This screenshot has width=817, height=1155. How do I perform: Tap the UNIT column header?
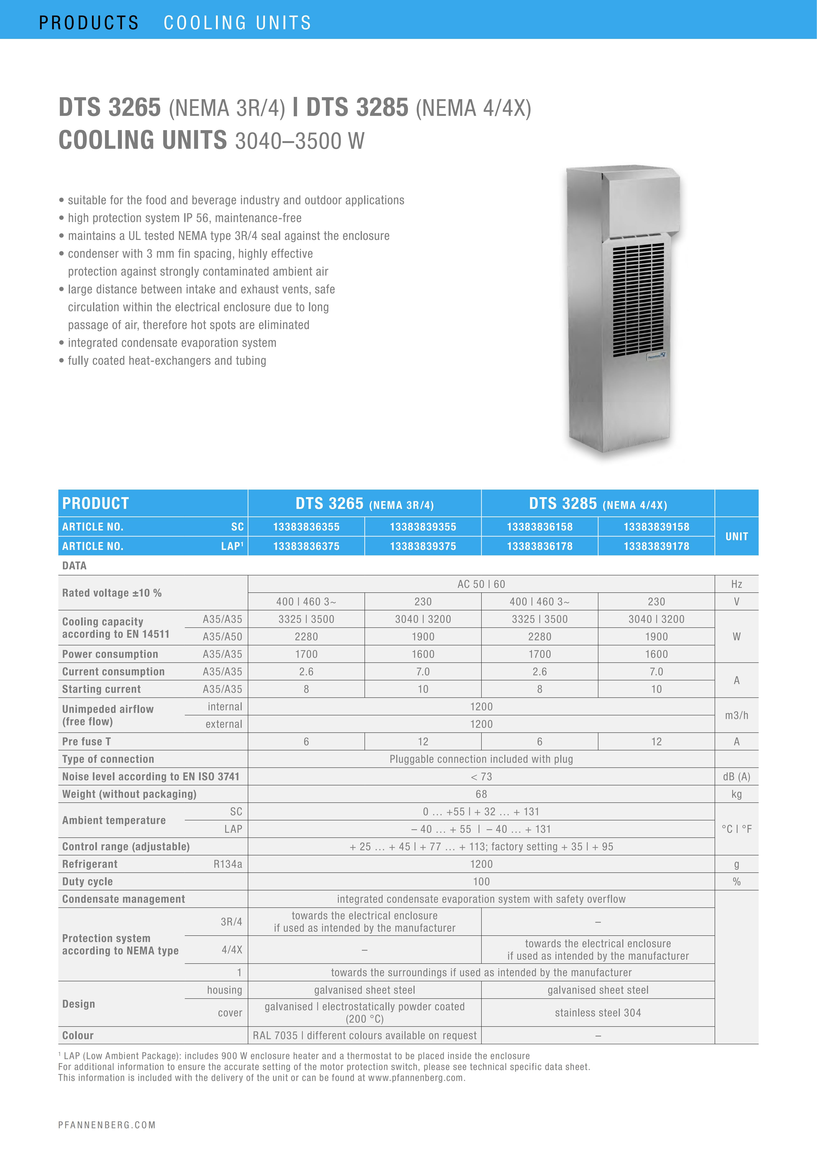[x=737, y=536]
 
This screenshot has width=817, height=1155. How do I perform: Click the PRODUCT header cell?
[x=96, y=503]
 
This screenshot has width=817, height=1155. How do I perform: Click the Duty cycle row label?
[x=87, y=882]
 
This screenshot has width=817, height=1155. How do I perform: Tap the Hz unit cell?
[x=737, y=584]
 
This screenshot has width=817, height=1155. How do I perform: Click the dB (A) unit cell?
[x=737, y=777]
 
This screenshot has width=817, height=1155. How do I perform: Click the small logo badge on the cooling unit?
[x=656, y=356]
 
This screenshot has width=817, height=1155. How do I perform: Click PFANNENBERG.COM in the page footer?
[x=107, y=1125]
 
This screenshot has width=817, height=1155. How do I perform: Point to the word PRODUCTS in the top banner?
[x=89, y=23]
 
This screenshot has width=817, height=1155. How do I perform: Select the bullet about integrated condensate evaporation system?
[x=172, y=343]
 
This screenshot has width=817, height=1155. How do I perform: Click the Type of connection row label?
[x=108, y=759]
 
